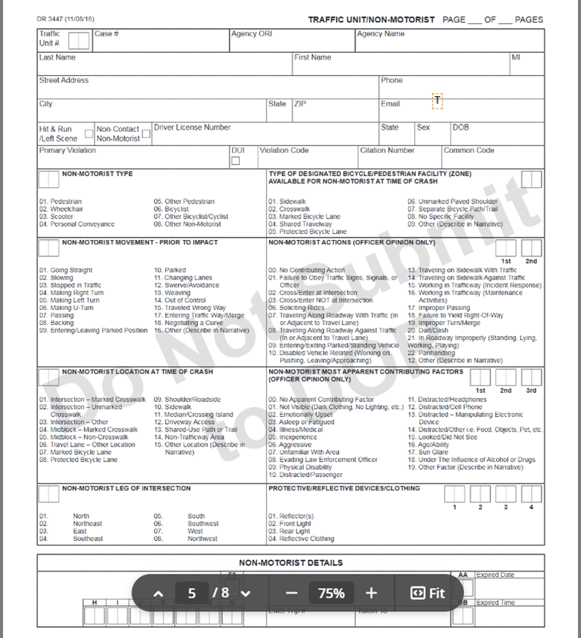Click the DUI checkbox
(x=235, y=161)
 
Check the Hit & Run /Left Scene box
(x=89, y=134)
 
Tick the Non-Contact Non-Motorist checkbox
(x=146, y=134)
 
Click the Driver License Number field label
(x=192, y=127)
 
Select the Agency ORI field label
(x=255, y=34)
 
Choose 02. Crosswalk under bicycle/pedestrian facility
(x=290, y=209)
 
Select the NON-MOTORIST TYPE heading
(x=98, y=174)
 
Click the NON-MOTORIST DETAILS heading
(x=290, y=563)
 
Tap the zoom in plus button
(x=371, y=593)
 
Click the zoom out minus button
(x=291, y=593)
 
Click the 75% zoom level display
(x=331, y=593)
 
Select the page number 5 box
(x=192, y=593)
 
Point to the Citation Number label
(x=387, y=150)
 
